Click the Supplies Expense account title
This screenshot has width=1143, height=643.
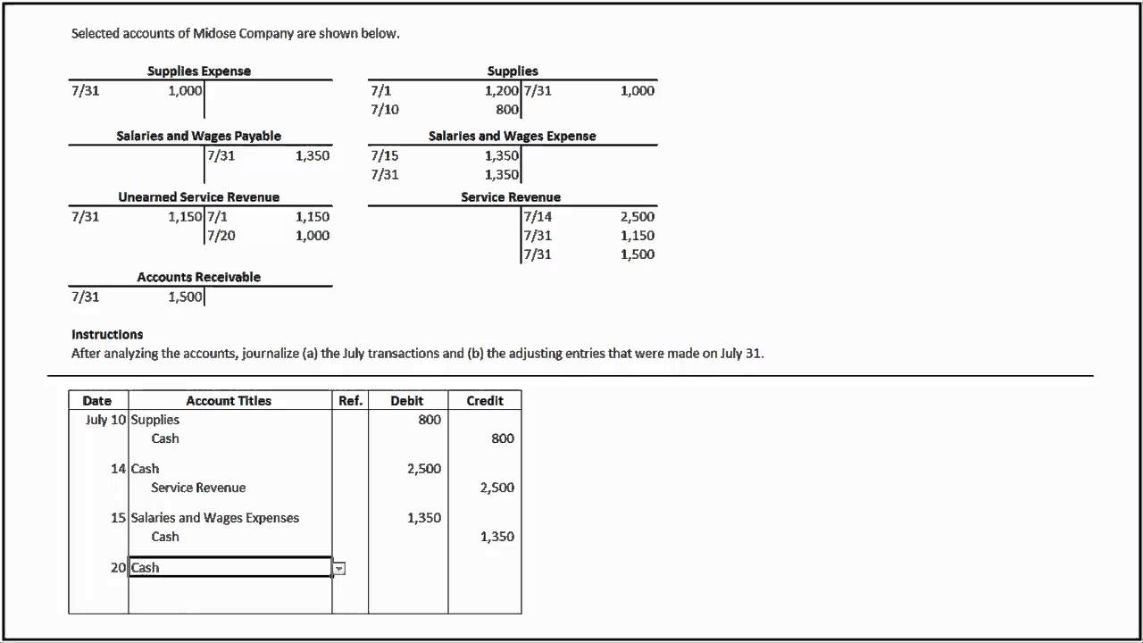(199, 71)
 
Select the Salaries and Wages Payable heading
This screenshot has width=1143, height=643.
(198, 136)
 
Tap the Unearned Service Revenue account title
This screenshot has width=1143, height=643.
(198, 196)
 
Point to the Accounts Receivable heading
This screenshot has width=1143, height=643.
(198, 277)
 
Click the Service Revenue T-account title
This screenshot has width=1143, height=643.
(511, 196)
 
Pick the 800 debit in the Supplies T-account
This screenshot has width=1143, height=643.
(507, 110)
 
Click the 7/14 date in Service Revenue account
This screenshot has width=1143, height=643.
(538, 216)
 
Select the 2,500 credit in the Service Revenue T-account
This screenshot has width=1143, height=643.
(637, 216)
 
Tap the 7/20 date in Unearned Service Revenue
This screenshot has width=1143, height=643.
(221, 236)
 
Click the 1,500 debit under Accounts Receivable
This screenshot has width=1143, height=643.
(185, 296)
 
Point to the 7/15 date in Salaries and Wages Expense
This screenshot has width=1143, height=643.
(385, 155)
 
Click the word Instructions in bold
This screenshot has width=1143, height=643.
(107, 334)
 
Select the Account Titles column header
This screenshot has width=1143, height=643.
(229, 401)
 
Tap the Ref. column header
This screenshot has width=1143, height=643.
(350, 401)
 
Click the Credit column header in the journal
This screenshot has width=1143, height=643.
(485, 401)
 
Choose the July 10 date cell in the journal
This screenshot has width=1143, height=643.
(105, 420)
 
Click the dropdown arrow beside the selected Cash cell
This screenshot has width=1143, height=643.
(339, 568)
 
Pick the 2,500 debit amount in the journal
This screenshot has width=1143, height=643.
(424, 469)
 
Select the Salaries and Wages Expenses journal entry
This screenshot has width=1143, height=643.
(214, 518)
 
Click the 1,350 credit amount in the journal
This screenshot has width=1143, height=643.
(496, 537)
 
